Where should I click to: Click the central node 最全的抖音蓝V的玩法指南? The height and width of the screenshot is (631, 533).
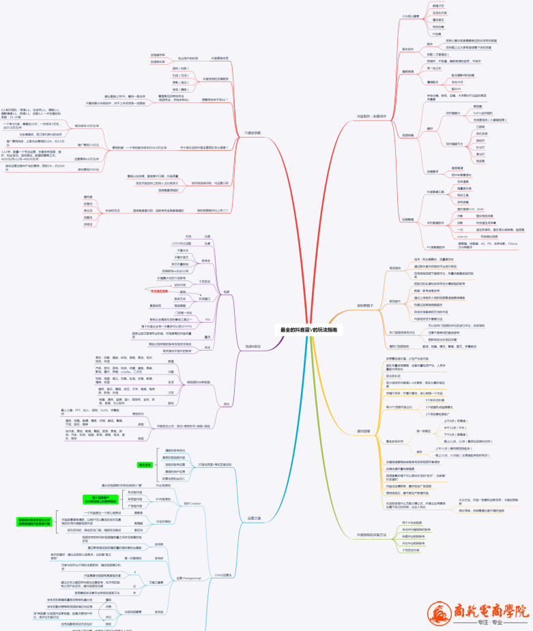pos(308,329)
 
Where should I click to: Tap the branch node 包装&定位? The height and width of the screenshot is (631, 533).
pos(254,347)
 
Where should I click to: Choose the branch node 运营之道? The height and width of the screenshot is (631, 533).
pos(253,518)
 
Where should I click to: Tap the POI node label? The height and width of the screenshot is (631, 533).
pos(207,319)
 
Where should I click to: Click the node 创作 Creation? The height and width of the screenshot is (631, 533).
pos(192,503)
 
